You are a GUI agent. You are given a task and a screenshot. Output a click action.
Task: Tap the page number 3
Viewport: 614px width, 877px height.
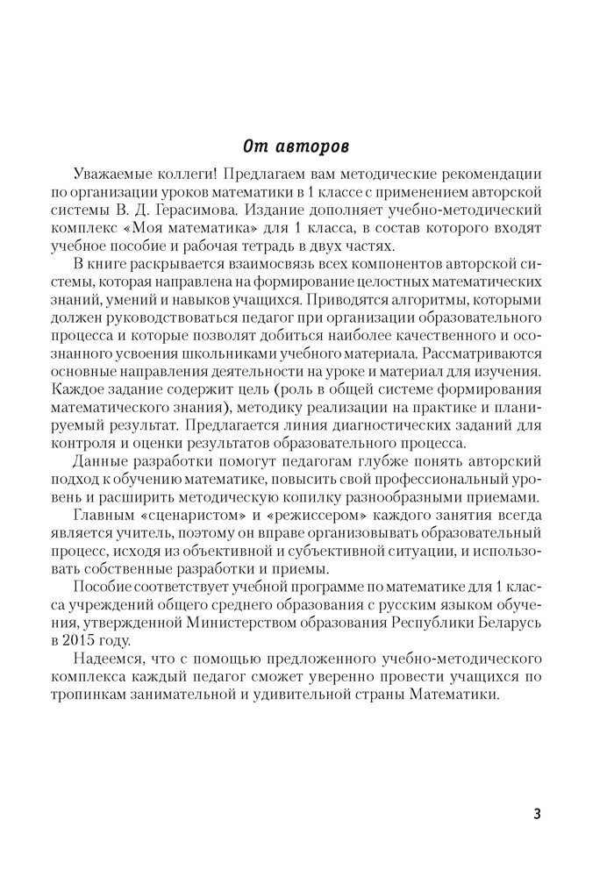click(x=537, y=813)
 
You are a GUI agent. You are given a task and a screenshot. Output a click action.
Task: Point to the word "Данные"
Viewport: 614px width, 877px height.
click(x=132, y=461)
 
